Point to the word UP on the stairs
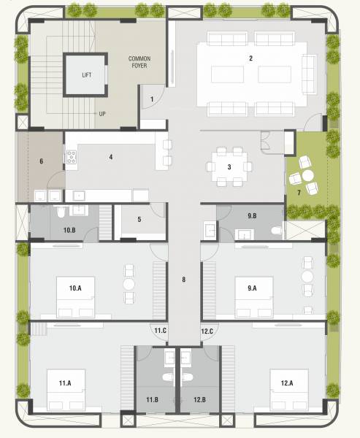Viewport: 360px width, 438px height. click(x=103, y=114)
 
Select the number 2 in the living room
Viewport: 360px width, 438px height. click(x=251, y=58)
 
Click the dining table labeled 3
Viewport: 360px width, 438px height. click(x=229, y=166)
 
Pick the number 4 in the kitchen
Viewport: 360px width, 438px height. click(x=110, y=156)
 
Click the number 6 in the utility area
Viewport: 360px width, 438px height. click(x=41, y=161)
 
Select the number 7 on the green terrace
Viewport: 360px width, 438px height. click(x=298, y=192)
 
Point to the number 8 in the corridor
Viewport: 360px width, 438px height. click(x=184, y=279)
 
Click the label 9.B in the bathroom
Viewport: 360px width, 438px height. click(x=252, y=215)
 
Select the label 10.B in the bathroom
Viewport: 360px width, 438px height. click(x=69, y=231)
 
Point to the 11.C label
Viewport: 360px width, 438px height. click(x=161, y=331)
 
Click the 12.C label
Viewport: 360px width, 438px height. click(x=207, y=331)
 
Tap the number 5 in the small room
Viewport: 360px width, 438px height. click(x=139, y=218)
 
